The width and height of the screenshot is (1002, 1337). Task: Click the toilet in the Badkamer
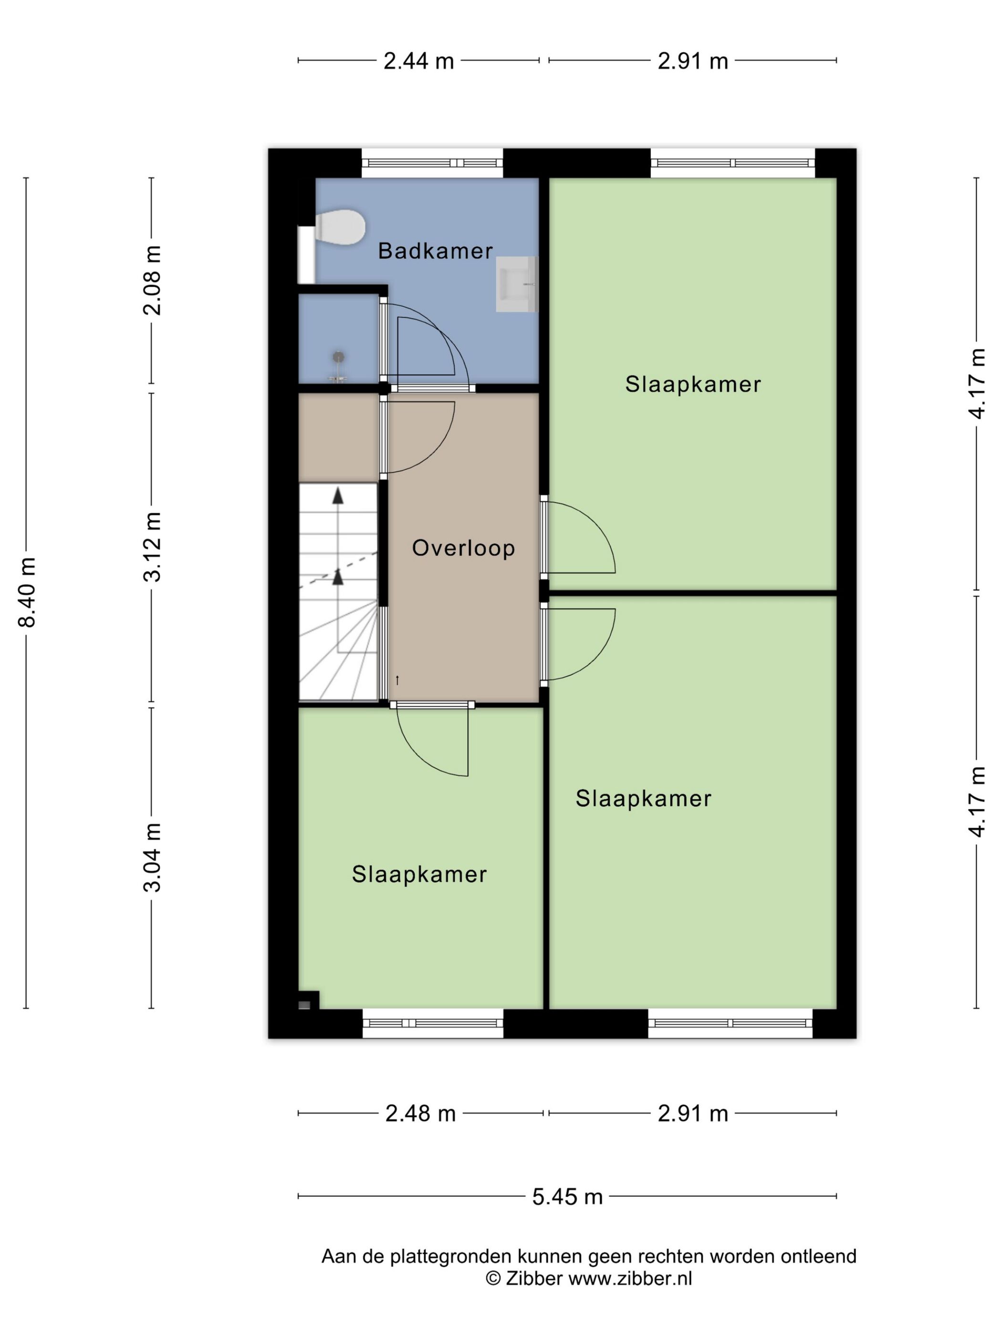tap(339, 227)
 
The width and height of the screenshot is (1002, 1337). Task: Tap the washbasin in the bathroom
tap(516, 284)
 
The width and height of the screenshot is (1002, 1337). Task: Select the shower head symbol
tap(339, 357)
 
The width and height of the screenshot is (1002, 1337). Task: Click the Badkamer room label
tap(435, 251)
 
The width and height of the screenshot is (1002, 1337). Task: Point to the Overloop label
tap(463, 548)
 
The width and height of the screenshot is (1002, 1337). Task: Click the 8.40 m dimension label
tap(27, 593)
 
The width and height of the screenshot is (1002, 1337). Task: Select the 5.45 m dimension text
tap(567, 1196)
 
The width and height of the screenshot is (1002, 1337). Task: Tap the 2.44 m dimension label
tap(418, 61)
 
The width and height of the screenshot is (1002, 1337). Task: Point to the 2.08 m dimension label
tap(152, 280)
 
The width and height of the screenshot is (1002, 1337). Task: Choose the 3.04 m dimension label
tap(152, 857)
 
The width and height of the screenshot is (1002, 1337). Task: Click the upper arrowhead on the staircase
tap(338, 496)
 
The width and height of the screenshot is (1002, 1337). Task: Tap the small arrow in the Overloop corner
tap(397, 680)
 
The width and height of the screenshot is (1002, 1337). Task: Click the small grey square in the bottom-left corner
tap(304, 1005)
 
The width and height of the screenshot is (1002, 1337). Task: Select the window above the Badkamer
tap(432, 163)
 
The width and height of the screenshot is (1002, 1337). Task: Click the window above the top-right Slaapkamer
tap(732, 163)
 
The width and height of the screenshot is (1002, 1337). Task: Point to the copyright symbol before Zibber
tap(493, 1278)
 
